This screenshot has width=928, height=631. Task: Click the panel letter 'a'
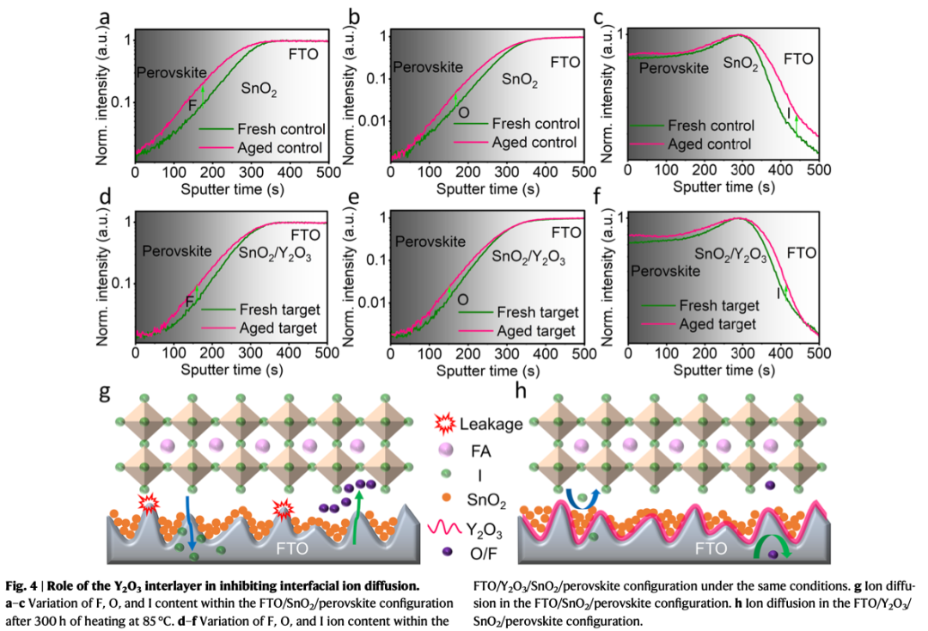(x=106, y=17)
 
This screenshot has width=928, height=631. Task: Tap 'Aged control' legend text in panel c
(x=709, y=144)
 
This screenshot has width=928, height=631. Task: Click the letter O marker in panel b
(x=463, y=112)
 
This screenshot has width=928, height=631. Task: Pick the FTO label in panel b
(x=565, y=62)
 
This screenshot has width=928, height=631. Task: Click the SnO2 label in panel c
(x=740, y=63)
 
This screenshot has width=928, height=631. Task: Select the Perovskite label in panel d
(x=177, y=252)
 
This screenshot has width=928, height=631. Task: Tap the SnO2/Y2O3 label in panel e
(x=528, y=255)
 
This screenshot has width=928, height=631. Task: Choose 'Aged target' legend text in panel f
(x=717, y=324)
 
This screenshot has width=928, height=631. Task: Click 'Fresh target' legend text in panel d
(x=280, y=309)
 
